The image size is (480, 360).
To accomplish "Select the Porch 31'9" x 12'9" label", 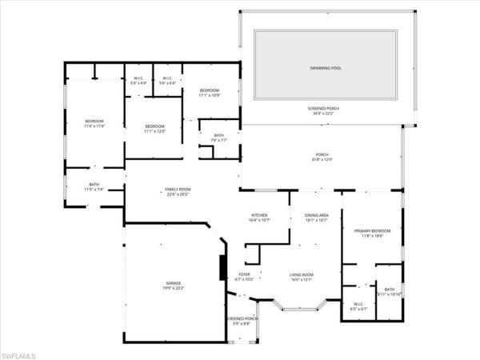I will pyautogui.click(x=322, y=157).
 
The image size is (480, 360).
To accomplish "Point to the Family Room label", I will pyautogui.click(x=178, y=191).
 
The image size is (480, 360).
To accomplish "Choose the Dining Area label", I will pyautogui.click(x=317, y=217).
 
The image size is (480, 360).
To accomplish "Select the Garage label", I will pyautogui.click(x=173, y=286).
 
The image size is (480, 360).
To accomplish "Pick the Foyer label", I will pyautogui.click(x=245, y=277).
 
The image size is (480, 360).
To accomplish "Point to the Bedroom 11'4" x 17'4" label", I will pyautogui.click(x=95, y=123).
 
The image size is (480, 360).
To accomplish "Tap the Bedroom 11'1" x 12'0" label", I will pyautogui.click(x=154, y=128).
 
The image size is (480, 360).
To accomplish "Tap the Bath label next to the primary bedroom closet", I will pyautogui.click(x=390, y=292).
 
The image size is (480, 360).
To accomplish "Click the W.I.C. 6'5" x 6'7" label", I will pyautogui.click(x=358, y=306).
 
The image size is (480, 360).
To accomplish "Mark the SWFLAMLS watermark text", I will pyautogui.click(x=20, y=352).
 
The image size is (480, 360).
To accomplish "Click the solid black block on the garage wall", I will pyautogui.click(x=222, y=266).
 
